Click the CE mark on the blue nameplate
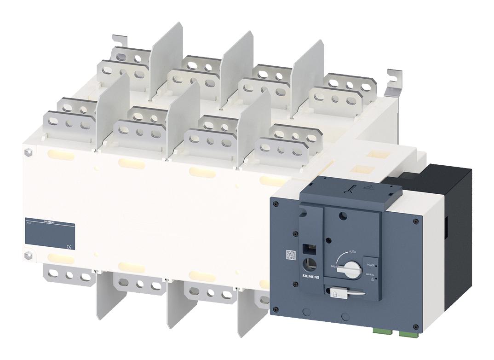point(68,247)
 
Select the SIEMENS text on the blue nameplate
point(52,222)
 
